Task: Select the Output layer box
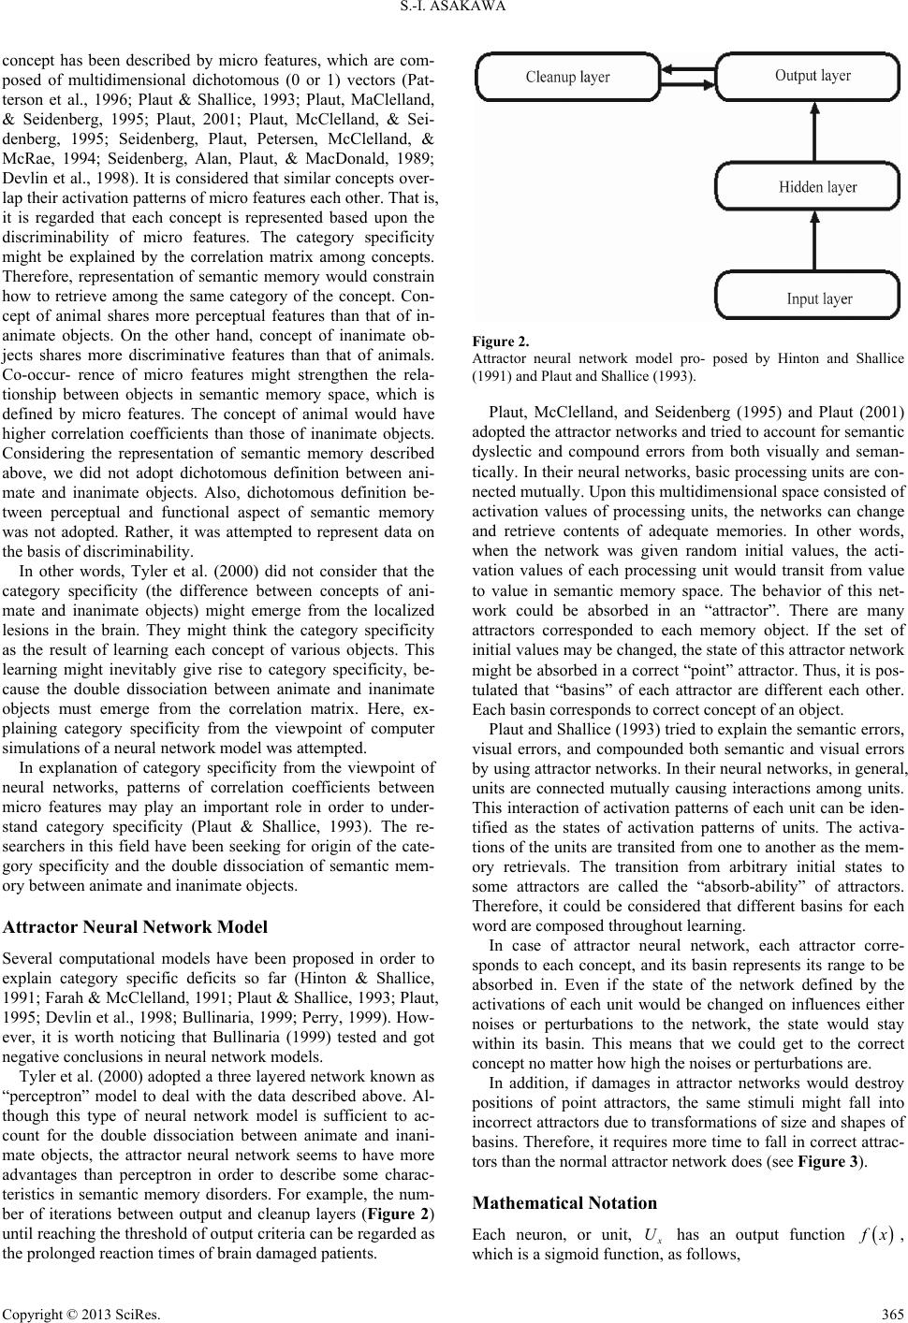[x=811, y=77]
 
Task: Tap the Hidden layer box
[x=811, y=186]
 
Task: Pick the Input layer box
[x=811, y=297]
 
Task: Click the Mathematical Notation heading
[x=565, y=1202]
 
